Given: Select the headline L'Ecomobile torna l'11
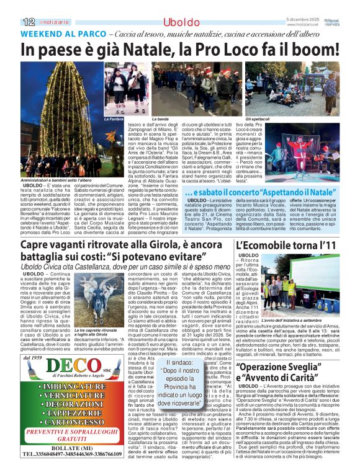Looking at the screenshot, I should coord(282,245).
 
